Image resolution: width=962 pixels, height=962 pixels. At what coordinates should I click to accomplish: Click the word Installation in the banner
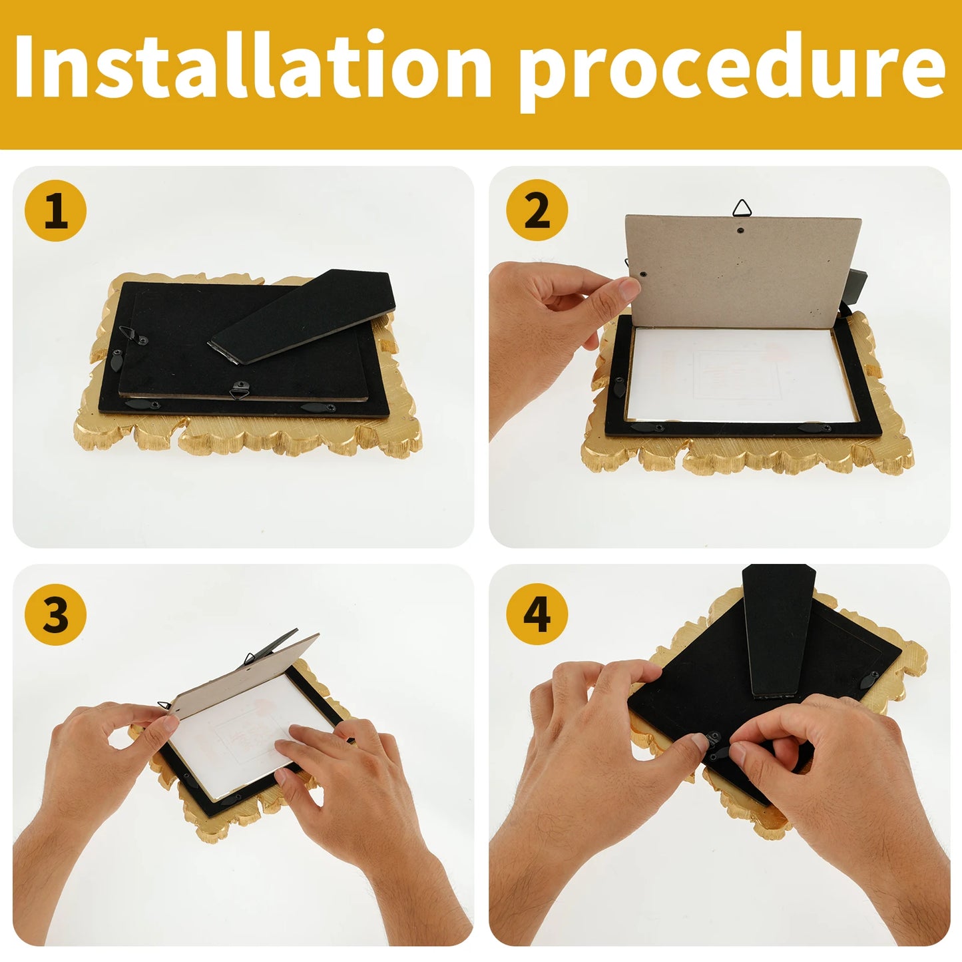click(253, 67)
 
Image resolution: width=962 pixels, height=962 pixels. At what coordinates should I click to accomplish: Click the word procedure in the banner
click(732, 70)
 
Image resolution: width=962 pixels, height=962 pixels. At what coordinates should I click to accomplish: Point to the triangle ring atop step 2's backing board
click(742, 209)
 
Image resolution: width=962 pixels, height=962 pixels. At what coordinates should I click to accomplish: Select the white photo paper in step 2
click(739, 376)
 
